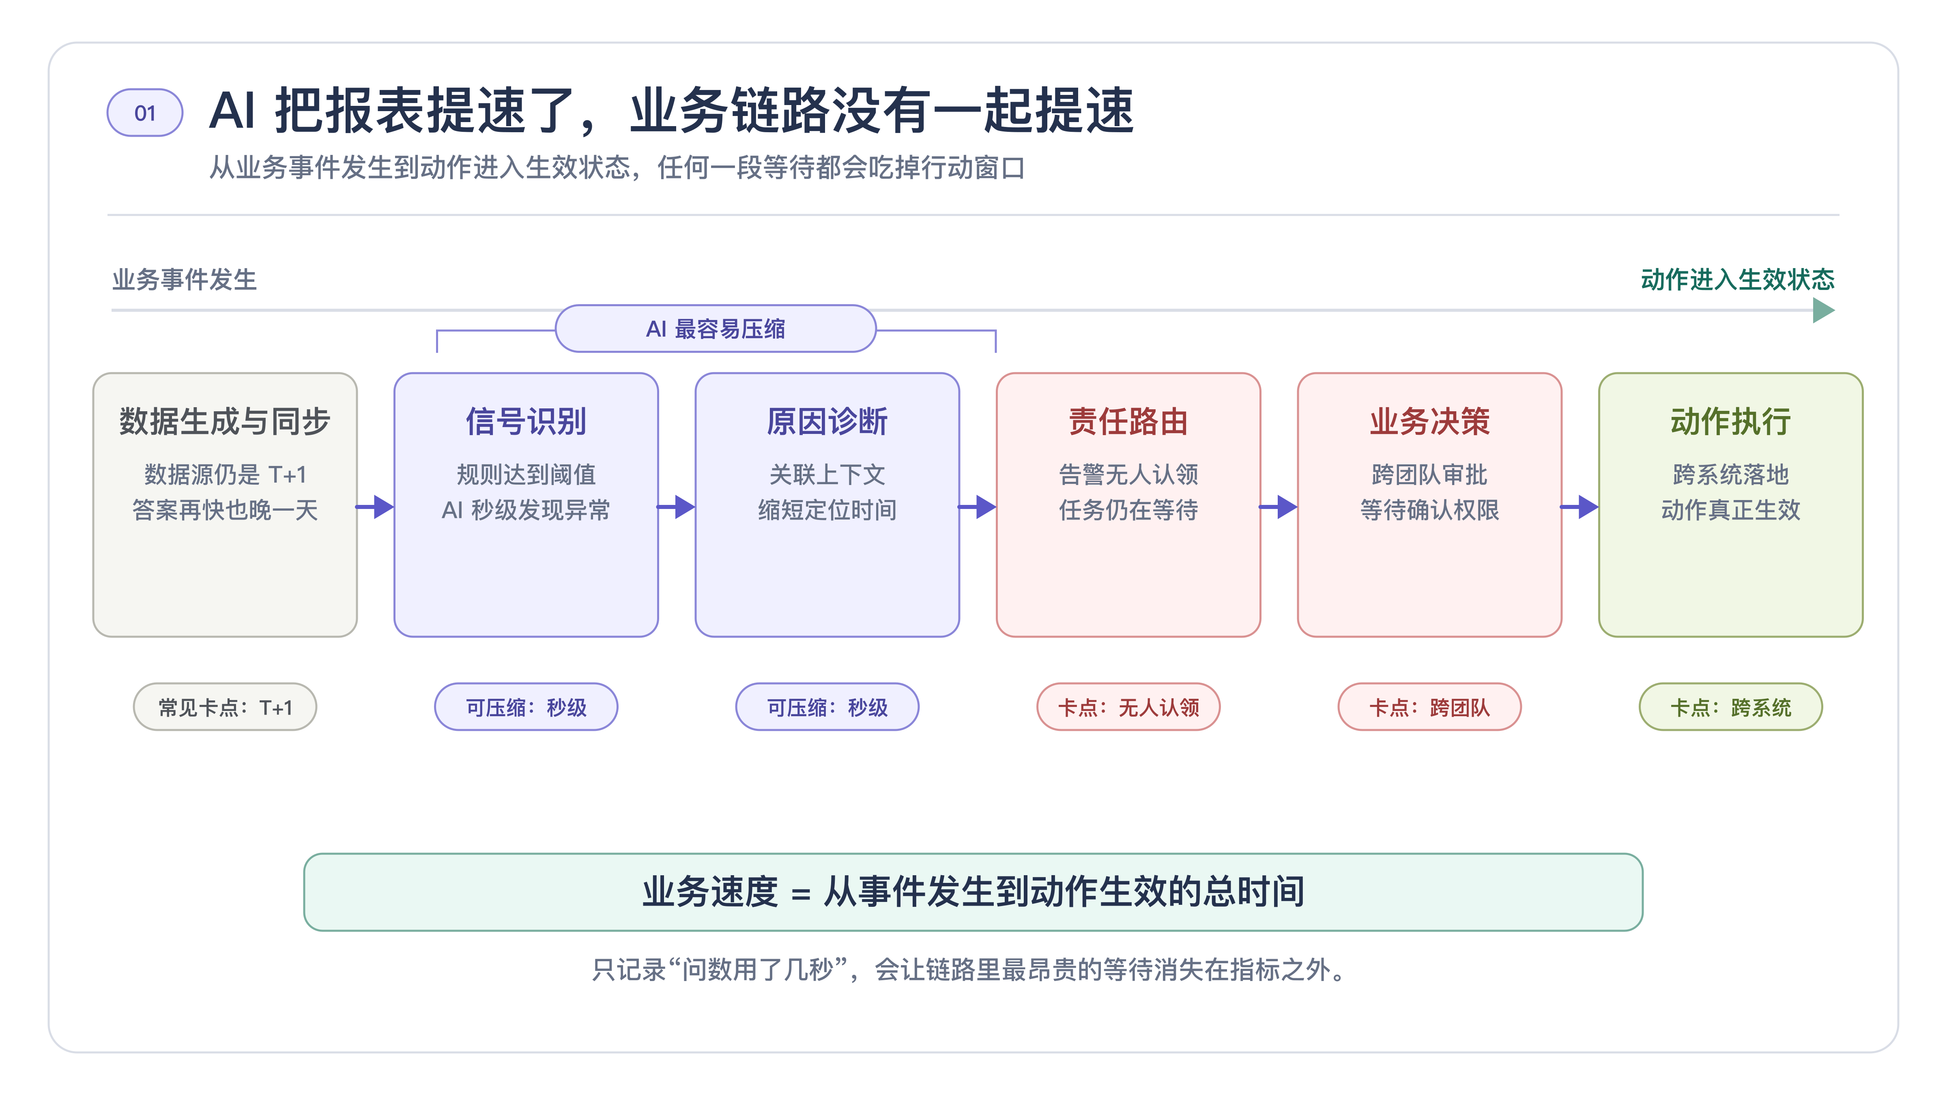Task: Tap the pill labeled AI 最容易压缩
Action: [x=715, y=329]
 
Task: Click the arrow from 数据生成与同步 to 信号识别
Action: [x=375, y=506]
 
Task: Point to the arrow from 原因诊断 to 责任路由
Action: [x=977, y=506]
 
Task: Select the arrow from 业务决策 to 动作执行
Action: [x=1580, y=506]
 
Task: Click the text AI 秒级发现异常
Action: [x=526, y=510]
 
